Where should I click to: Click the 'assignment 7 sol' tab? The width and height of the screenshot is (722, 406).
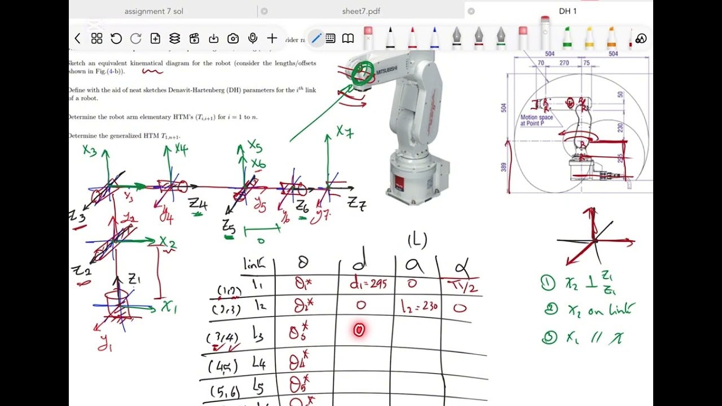coord(153,11)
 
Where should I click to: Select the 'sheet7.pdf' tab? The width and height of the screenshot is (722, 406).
coord(361,11)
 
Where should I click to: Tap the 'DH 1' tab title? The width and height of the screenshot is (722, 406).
coord(567,11)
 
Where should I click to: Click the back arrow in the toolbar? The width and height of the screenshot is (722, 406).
coord(77,38)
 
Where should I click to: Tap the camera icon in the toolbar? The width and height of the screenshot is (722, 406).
coord(233,38)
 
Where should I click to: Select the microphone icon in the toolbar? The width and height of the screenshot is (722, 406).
coord(253,38)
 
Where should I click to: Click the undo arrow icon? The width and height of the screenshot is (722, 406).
coord(116,38)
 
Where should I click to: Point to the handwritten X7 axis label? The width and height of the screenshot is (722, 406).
coord(345,132)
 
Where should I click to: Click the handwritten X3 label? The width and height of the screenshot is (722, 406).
coord(90,151)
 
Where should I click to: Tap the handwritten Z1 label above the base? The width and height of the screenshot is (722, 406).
coord(134,279)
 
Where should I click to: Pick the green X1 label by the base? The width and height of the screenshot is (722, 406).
coord(169,307)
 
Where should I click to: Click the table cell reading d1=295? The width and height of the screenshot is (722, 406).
coord(368,284)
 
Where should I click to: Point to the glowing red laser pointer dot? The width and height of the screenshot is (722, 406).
coord(359,330)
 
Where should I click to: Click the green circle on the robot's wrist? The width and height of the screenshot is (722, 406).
coord(363,73)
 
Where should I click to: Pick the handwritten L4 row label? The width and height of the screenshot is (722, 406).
coord(258,364)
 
